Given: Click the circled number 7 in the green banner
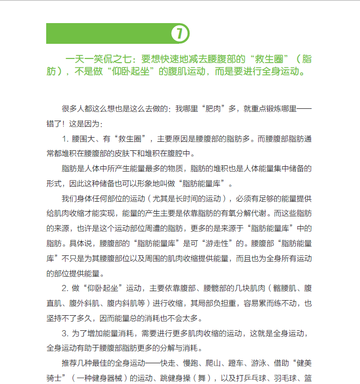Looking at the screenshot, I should click(180, 33).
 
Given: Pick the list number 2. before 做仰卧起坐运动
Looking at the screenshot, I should click(65, 287).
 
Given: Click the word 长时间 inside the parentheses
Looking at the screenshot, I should click(193, 198).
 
